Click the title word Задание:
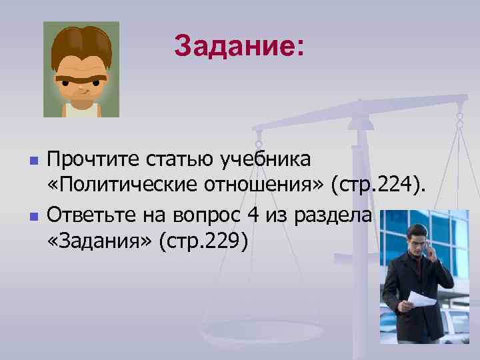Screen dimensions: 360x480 tap(239, 47)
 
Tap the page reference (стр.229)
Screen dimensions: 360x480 tap(203, 243)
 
